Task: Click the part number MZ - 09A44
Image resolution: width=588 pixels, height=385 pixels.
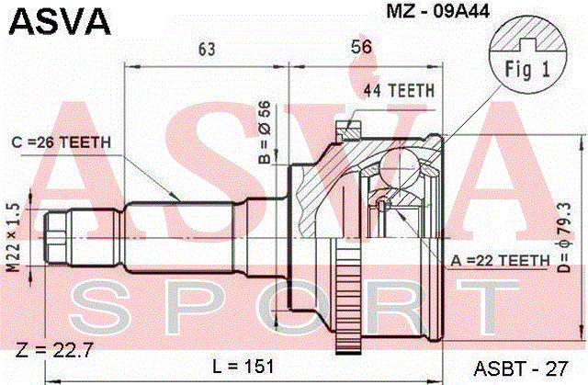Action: (437, 12)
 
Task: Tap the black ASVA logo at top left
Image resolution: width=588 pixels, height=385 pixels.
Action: (60, 21)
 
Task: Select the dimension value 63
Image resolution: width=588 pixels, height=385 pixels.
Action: (207, 49)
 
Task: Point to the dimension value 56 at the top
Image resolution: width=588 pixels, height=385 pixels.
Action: (361, 47)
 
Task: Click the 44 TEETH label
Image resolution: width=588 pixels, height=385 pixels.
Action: (399, 91)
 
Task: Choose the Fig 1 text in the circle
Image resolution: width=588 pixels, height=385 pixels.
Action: (527, 69)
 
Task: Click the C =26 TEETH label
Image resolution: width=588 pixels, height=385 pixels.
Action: (62, 142)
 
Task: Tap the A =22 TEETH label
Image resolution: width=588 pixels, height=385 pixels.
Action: (500, 260)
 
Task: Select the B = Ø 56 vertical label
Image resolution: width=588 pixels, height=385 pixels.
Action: (265, 132)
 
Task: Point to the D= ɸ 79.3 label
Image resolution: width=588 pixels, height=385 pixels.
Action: (565, 237)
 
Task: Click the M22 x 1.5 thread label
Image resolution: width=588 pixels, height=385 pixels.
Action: (14, 237)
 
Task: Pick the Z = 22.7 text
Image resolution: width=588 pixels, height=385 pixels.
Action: (54, 350)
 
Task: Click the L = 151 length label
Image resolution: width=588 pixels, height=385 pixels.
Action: (243, 367)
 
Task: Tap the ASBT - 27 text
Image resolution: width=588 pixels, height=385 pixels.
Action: (521, 368)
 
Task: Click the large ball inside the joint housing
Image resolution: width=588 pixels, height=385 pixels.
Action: (400, 166)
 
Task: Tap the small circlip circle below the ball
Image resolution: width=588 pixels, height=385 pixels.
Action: (382, 205)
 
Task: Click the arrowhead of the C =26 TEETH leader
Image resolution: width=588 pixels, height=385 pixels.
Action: (175, 197)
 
